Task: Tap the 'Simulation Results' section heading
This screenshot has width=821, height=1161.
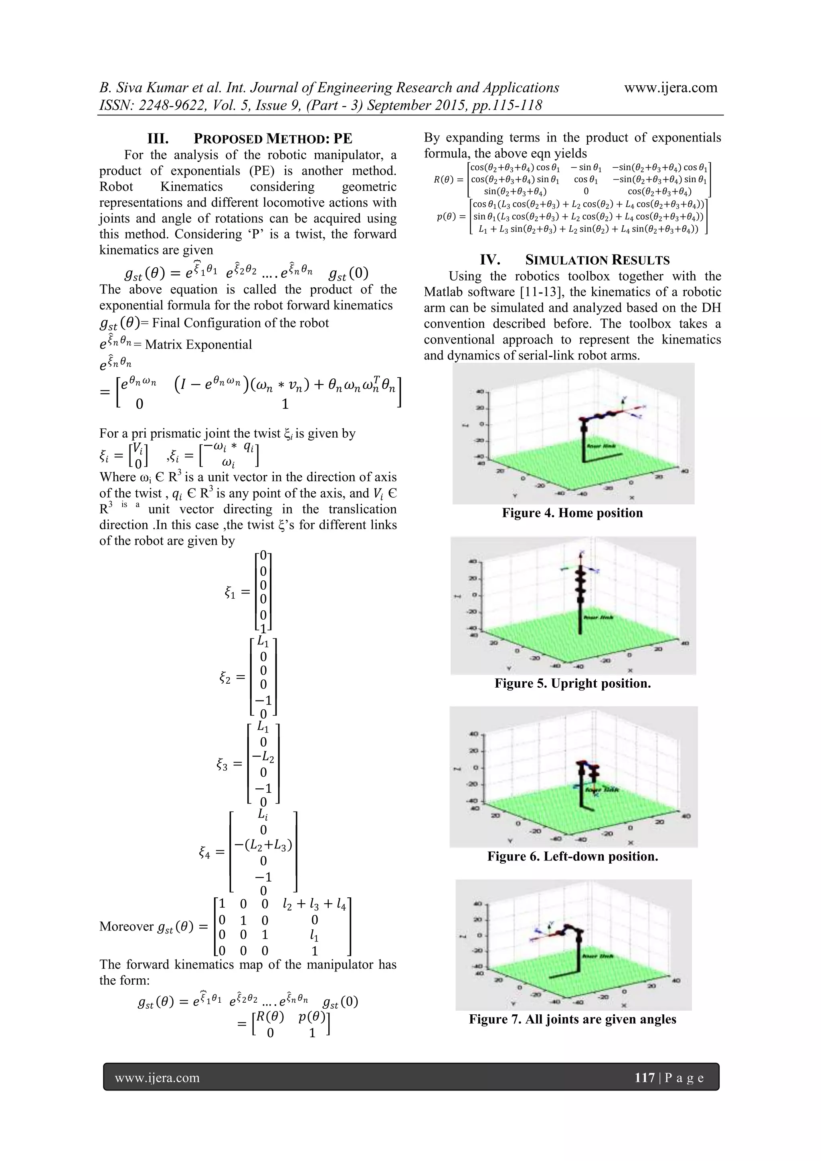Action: pos(574,260)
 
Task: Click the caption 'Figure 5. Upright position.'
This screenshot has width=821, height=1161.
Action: pos(572,684)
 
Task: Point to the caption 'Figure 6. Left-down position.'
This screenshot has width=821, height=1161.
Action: pos(572,856)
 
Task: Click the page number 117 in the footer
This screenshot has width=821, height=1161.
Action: pos(645,1078)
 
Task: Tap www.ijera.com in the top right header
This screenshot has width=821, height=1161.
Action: pos(670,87)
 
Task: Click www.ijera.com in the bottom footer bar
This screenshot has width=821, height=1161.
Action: pos(157,1078)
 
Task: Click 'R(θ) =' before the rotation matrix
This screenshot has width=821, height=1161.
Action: pos(448,180)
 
